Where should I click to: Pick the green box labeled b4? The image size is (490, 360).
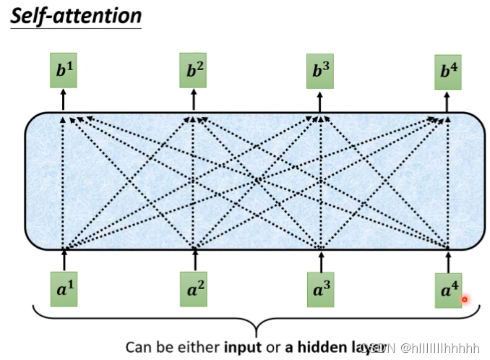point(448,72)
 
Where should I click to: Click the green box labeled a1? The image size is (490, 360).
point(64,290)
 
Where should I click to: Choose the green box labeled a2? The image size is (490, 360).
point(194,290)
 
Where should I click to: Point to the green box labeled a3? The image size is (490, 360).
point(320,290)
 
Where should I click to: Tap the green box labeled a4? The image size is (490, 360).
point(448,291)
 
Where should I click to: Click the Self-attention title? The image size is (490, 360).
point(77,15)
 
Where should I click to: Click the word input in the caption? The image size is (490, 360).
point(244,346)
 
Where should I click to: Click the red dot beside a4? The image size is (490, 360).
point(465,299)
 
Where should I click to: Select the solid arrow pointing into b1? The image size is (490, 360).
point(64,100)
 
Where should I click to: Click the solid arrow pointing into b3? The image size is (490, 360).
point(320,100)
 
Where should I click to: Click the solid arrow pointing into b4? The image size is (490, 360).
point(448,100)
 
